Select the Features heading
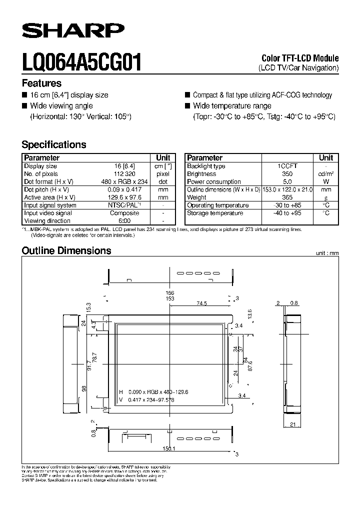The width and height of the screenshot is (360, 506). click(41, 83)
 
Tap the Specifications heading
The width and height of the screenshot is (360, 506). click(54, 144)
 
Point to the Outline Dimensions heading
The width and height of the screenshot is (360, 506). click(66, 250)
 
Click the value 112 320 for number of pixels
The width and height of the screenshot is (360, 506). click(125, 174)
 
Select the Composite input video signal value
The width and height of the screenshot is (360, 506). click(125, 213)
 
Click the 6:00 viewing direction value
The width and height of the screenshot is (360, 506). click(125, 220)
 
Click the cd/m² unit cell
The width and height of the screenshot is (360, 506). click(326, 174)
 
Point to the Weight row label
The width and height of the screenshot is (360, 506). click(197, 197)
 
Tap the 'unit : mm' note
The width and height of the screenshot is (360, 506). click(327, 253)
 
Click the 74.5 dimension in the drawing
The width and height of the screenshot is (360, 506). click(202, 303)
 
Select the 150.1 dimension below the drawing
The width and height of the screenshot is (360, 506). click(169, 448)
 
